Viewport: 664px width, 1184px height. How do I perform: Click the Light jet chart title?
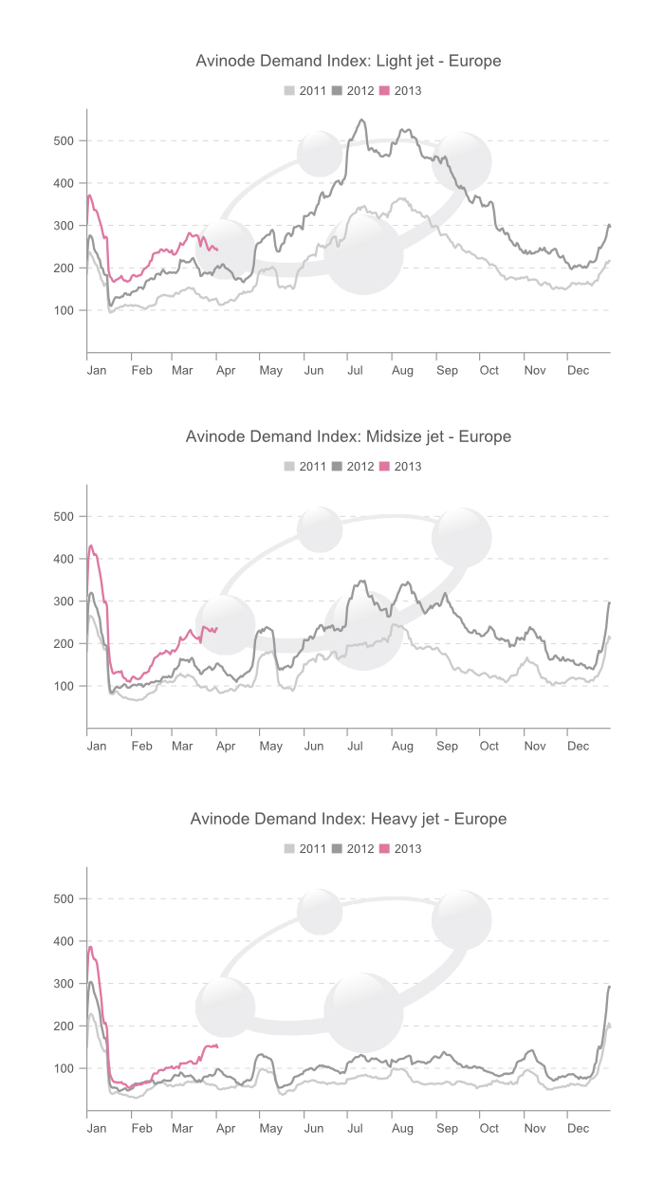pos(348,61)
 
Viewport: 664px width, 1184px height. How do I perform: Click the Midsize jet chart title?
pos(348,436)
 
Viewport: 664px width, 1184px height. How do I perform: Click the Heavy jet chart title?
pos(348,818)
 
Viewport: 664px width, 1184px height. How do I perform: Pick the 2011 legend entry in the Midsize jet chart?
pos(305,466)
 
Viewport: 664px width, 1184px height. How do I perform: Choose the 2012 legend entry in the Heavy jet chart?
pos(353,848)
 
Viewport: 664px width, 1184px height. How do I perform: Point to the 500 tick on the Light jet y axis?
pos(65,140)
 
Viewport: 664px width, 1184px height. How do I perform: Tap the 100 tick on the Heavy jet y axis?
pos(65,1068)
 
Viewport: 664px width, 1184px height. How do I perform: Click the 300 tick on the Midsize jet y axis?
pos(65,601)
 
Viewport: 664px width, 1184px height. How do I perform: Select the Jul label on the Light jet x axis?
pos(355,370)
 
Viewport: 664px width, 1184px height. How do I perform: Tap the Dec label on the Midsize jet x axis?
pos(578,746)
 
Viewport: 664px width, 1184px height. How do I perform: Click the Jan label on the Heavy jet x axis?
pos(97,1128)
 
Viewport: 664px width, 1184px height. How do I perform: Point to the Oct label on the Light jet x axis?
pos(489,370)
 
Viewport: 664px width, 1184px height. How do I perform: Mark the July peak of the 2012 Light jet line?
pos(361,120)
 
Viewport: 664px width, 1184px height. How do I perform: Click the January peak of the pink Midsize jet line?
pos(91,546)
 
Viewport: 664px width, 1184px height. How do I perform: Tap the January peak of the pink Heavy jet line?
pos(90,946)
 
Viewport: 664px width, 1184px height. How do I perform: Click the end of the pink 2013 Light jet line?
pos(217,250)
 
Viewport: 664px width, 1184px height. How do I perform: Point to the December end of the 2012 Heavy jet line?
pos(609,987)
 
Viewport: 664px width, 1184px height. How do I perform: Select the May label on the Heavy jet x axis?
pos(271,1128)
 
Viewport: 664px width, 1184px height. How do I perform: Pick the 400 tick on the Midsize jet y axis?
pos(65,559)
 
